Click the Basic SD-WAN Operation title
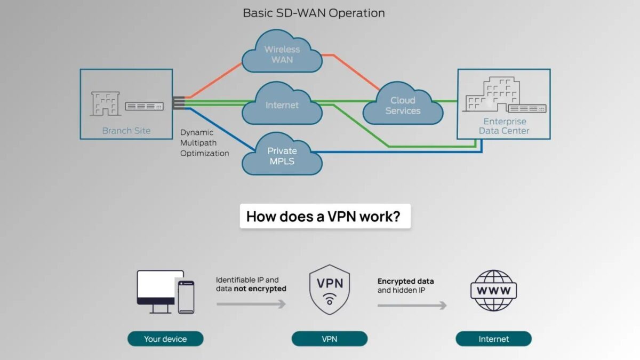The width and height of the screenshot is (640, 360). point(314,13)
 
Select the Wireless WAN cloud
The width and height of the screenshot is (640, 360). point(282,54)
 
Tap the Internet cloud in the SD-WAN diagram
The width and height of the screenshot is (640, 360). point(282,105)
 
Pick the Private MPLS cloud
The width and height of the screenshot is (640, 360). point(282,156)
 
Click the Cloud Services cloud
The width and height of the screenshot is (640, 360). point(403,106)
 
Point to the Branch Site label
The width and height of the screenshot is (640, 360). point(126,131)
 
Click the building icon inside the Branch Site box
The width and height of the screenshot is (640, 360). point(105,103)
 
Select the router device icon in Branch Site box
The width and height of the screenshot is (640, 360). point(144,107)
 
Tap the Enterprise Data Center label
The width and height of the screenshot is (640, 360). point(503,126)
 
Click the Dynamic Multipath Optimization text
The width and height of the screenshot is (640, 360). point(204,142)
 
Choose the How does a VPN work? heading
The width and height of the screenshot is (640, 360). point(325,217)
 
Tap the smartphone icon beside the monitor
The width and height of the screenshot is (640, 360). point(186,297)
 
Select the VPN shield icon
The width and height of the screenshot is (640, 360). point(330,290)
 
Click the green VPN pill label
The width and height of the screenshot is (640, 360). point(330,339)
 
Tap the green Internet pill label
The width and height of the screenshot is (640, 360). point(493,339)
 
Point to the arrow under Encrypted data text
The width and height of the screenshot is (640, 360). point(412,306)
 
